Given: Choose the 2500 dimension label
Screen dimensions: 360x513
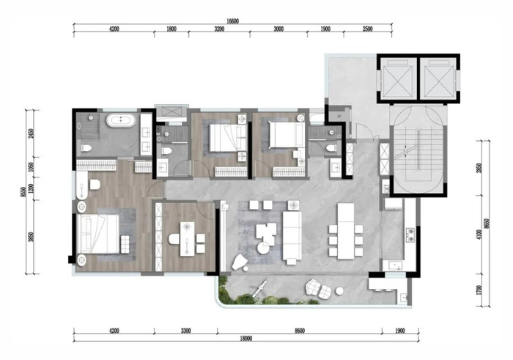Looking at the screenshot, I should (368, 29).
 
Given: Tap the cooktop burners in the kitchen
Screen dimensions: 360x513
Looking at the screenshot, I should (410, 235).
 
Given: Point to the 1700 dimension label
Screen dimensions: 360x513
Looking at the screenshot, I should (479, 290).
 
